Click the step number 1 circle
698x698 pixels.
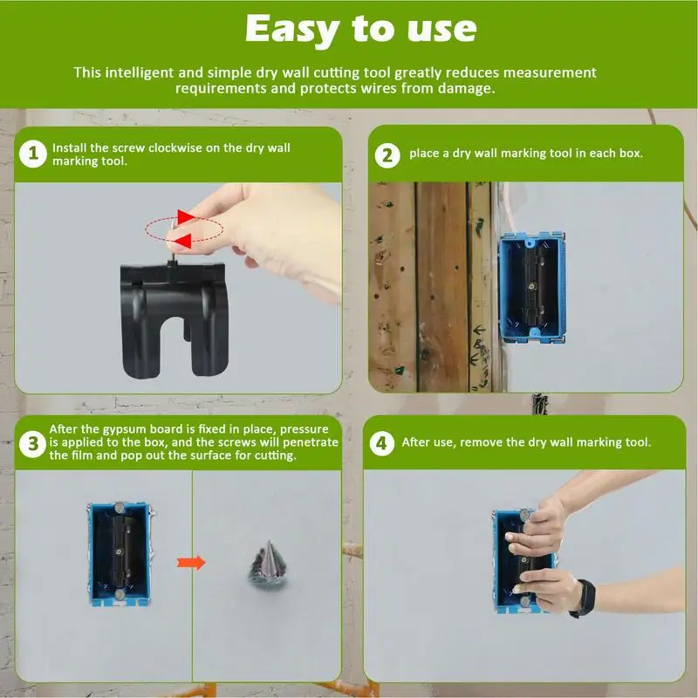32,154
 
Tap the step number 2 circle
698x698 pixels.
387,155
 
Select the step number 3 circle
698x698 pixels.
32,444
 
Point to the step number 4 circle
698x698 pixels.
381,443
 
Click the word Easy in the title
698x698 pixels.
293,30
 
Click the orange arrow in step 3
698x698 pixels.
191,563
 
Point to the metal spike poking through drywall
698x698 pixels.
268,565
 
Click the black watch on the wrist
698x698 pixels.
584,599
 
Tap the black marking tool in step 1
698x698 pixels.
174,318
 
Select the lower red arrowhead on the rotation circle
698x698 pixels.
183,242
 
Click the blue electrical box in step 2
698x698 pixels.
532,288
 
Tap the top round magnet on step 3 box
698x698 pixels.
119,507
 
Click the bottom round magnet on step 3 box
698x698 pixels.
120,595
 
